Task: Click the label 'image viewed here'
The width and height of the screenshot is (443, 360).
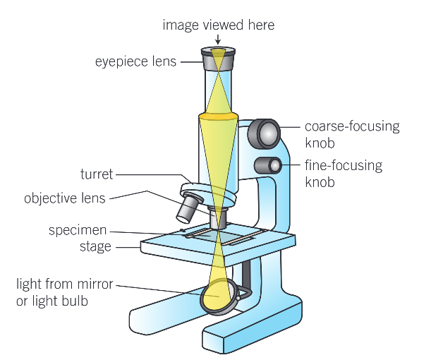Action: point(218,25)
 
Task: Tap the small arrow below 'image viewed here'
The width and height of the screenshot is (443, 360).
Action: point(218,40)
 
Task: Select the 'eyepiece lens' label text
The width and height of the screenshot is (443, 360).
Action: point(136,61)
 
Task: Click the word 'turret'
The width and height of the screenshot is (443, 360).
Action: point(96,174)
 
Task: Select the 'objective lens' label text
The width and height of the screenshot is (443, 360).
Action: point(64,198)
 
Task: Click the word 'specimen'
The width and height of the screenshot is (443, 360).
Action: point(80,230)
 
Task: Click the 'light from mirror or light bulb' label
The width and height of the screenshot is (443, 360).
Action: point(64,293)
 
